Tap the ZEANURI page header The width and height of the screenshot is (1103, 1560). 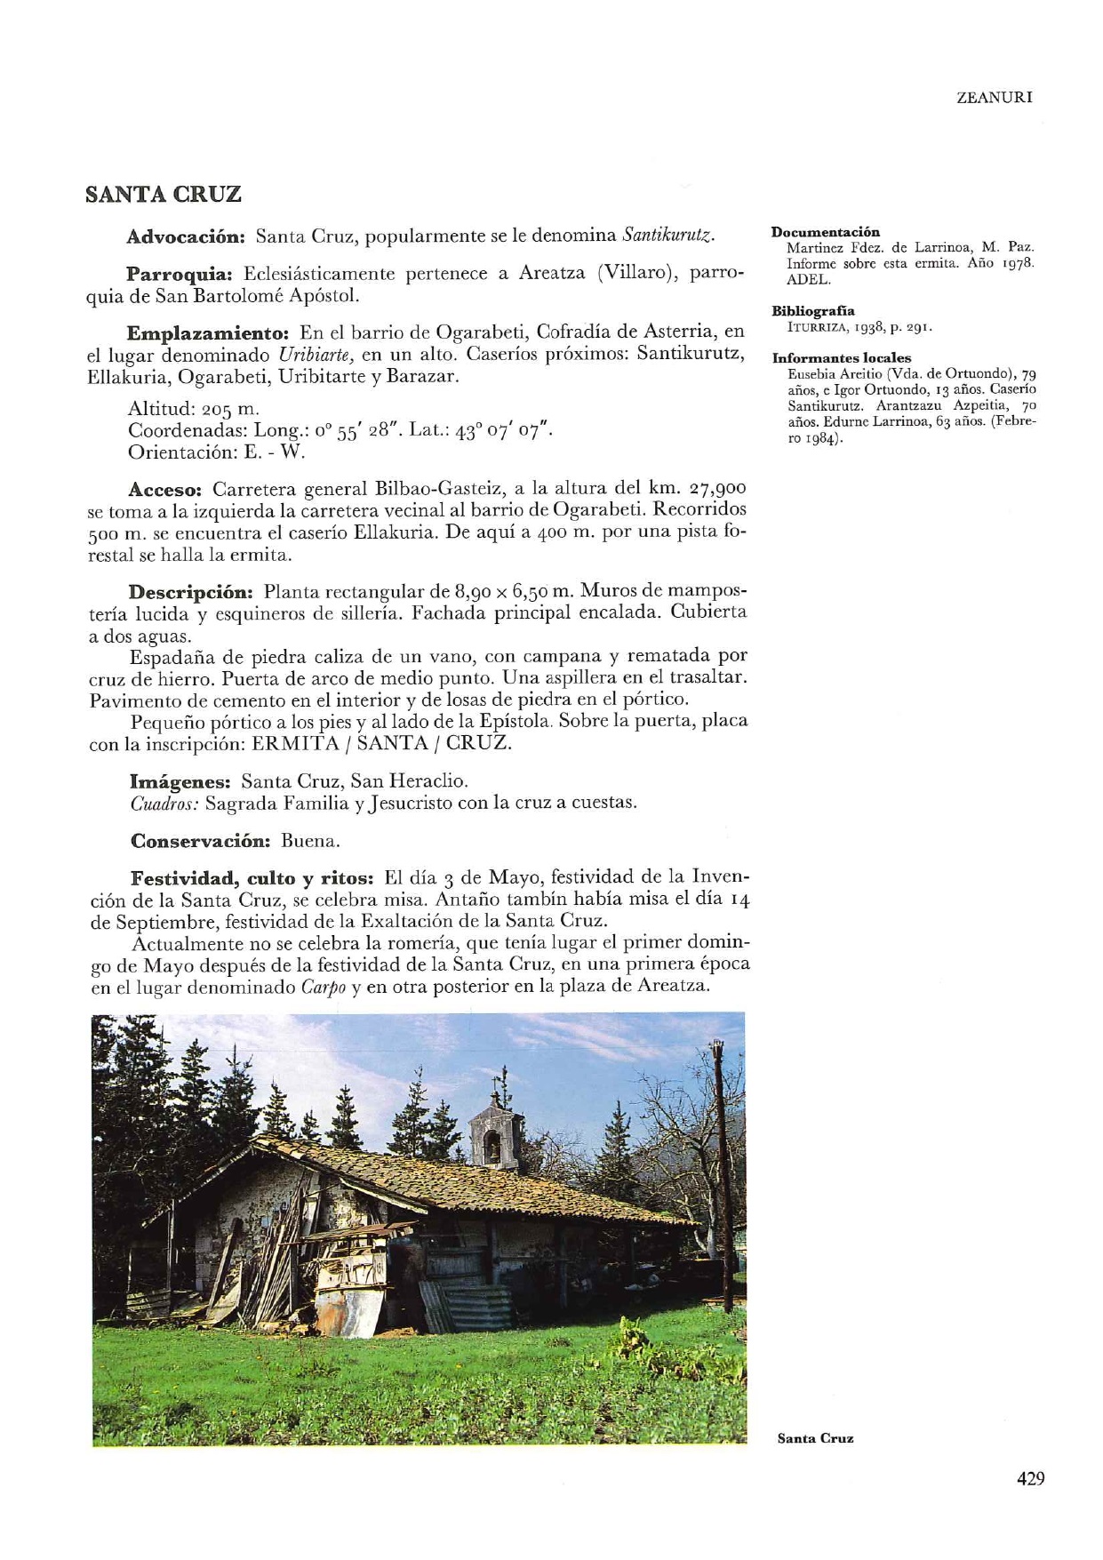[994, 98]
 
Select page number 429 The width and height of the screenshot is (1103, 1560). [1030, 1478]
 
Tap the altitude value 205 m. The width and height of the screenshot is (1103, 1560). [230, 410]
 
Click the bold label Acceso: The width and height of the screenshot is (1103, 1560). [166, 490]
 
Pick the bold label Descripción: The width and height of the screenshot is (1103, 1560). [191, 592]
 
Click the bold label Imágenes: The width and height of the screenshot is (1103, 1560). [180, 782]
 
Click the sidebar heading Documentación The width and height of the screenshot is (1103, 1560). [825, 232]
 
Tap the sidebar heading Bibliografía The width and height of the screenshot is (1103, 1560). [813, 311]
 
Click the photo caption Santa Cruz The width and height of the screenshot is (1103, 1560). [815, 1438]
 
